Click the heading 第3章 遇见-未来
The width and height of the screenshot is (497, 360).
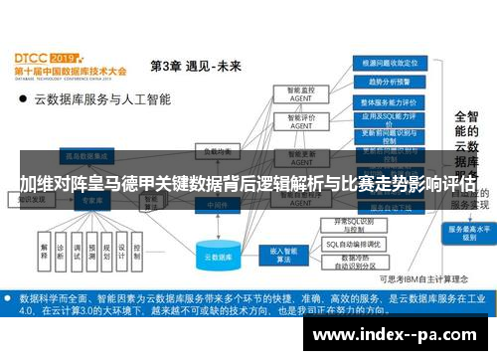[x=195, y=67]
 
